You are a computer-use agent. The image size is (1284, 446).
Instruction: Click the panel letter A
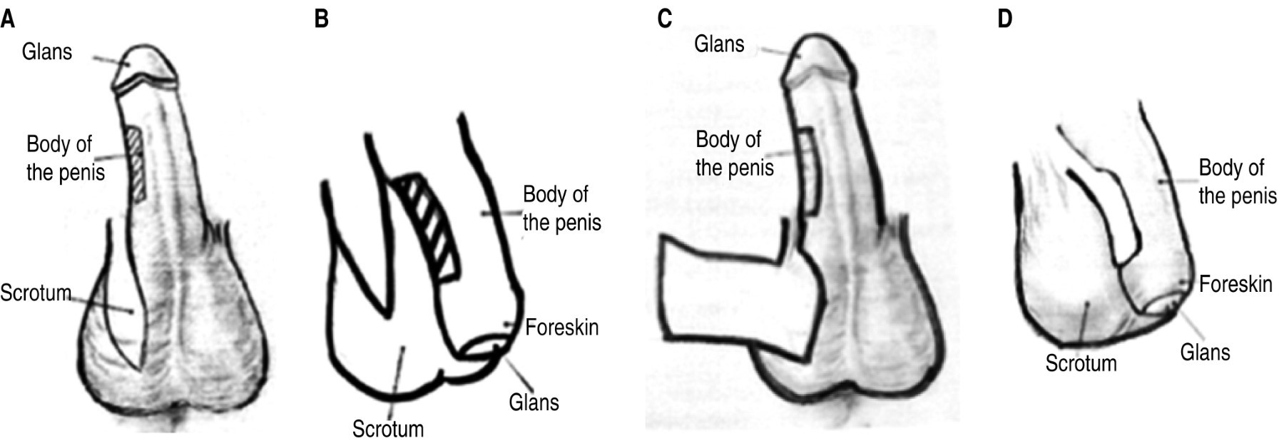pyautogui.click(x=7, y=19)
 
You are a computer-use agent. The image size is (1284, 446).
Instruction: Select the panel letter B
pyautogui.click(x=321, y=19)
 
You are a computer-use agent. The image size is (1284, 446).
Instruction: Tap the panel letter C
pyautogui.click(x=664, y=19)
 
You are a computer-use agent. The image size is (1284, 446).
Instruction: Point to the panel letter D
pyautogui.click(x=1004, y=19)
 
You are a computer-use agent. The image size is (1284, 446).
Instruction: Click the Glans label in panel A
pyautogui.click(x=47, y=52)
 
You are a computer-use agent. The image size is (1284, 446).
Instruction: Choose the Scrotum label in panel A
pyautogui.click(x=36, y=293)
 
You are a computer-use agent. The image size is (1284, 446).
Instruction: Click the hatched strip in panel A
pyautogui.click(x=136, y=163)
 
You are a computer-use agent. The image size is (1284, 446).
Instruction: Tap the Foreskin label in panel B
pyautogui.click(x=561, y=328)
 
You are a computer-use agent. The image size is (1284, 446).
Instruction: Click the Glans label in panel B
pyautogui.click(x=534, y=402)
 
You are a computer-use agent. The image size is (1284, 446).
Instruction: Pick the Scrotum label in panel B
pyautogui.click(x=387, y=429)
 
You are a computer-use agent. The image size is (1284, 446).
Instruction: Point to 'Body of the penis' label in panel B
pyautogui.click(x=561, y=208)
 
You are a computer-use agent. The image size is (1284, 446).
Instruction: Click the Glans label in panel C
pyautogui.click(x=719, y=44)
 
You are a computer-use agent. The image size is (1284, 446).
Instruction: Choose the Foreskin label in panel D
pyautogui.click(x=1235, y=285)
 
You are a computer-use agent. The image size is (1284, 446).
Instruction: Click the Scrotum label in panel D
pyautogui.click(x=1081, y=363)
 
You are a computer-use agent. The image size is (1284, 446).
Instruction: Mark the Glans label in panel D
pyautogui.click(x=1205, y=353)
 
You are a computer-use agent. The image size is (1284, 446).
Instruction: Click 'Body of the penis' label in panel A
pyautogui.click(x=64, y=158)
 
